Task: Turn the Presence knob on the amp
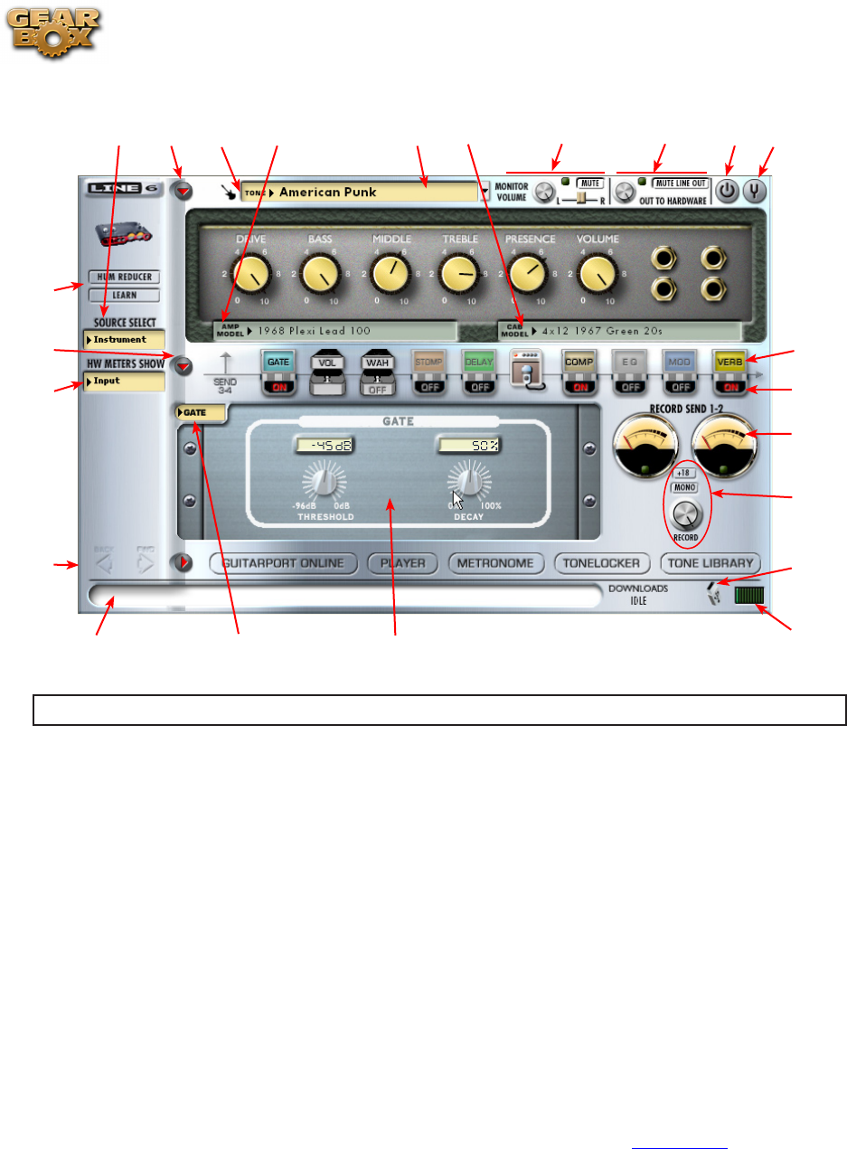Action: tap(527, 272)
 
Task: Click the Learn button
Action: tap(124, 295)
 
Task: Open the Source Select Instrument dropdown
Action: tap(124, 340)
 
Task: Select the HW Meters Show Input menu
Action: tap(124, 381)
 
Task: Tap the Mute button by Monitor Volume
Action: tap(589, 183)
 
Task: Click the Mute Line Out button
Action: tap(678, 183)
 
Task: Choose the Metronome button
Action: tap(495, 563)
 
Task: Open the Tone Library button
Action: tap(709, 563)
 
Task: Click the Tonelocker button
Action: tap(600, 563)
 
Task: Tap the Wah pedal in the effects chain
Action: tap(379, 371)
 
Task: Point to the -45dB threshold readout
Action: tap(322, 445)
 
